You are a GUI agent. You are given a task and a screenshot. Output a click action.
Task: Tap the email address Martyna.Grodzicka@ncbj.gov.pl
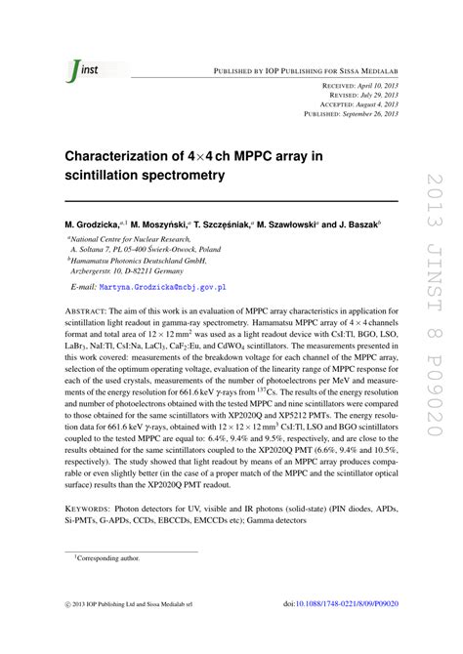coord(161,288)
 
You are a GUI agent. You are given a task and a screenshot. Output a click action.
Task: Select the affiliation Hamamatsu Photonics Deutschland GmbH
coord(136,262)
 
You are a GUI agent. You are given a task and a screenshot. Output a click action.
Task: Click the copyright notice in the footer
coord(137,632)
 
